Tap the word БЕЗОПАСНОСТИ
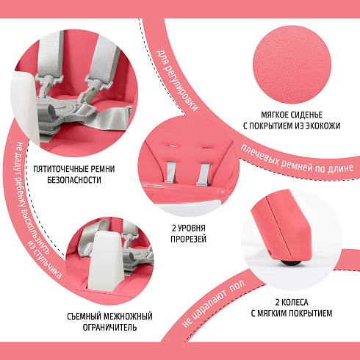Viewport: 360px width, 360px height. tap(74, 180)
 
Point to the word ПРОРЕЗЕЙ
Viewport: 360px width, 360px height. tap(189, 239)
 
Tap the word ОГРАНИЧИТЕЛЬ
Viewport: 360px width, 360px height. tap(109, 328)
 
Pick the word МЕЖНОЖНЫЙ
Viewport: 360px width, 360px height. tap(128, 317)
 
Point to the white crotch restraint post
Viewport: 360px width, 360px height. tap(104, 261)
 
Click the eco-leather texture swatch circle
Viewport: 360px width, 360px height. tap(292, 64)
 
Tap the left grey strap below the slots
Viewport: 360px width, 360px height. tap(170, 172)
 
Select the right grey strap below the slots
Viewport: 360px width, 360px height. tap(203, 174)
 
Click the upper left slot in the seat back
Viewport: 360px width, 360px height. tap(173, 146)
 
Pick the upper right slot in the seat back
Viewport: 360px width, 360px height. tap(207, 147)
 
